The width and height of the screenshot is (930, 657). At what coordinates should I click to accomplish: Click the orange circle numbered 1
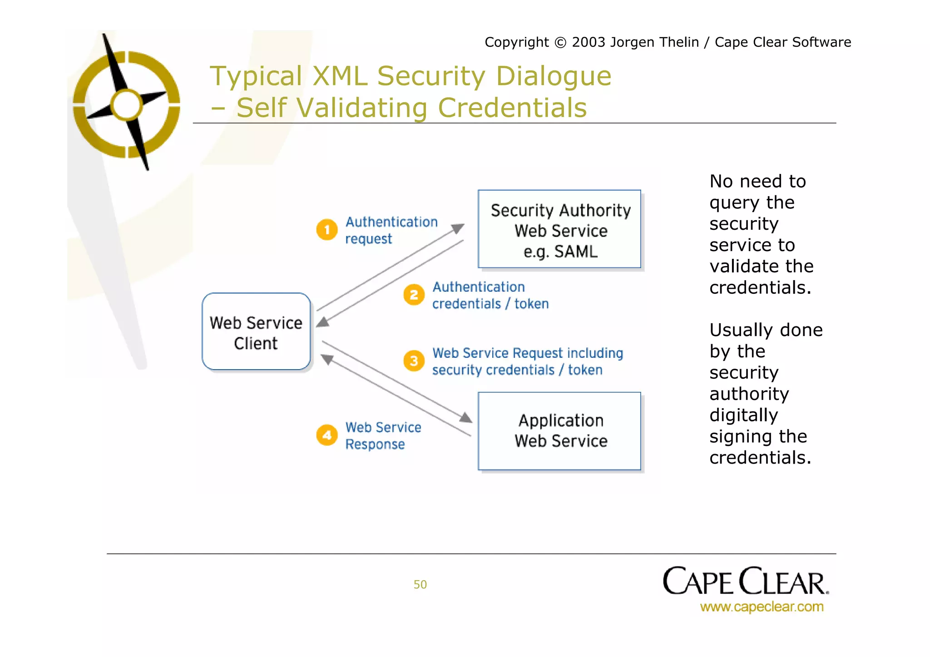[x=326, y=230]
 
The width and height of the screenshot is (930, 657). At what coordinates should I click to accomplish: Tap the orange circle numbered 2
[x=414, y=295]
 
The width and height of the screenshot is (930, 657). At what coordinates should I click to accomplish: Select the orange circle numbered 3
[x=414, y=361]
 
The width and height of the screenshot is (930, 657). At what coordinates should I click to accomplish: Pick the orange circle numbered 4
[x=326, y=435]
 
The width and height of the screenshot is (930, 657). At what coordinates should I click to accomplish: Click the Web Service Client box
[x=256, y=332]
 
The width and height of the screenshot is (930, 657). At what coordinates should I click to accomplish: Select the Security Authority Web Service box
[x=559, y=229]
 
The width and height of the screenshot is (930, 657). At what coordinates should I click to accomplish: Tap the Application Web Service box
[x=559, y=431]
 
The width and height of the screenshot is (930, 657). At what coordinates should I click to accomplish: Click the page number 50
[x=420, y=584]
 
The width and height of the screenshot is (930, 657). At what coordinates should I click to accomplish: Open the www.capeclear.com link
[x=762, y=607]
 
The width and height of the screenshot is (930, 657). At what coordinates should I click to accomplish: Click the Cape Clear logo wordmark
[x=745, y=582]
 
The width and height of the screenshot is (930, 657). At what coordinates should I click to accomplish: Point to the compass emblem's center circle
[x=127, y=104]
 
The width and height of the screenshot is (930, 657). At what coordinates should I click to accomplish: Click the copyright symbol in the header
[x=561, y=42]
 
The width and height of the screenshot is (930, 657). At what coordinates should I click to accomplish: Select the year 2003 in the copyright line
[x=589, y=42]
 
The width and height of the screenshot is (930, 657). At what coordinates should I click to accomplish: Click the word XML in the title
[x=340, y=76]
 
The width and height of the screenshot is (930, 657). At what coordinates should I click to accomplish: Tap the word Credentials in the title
[x=512, y=108]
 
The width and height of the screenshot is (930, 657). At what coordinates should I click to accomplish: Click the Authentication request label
[x=391, y=230]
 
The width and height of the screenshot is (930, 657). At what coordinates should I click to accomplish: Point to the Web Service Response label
[x=383, y=436]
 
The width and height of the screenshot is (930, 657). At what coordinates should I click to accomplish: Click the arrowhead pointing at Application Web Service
[x=465, y=417]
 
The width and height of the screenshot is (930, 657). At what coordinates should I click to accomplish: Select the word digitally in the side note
[x=744, y=415]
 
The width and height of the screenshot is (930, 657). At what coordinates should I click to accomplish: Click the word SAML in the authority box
[x=576, y=252]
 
